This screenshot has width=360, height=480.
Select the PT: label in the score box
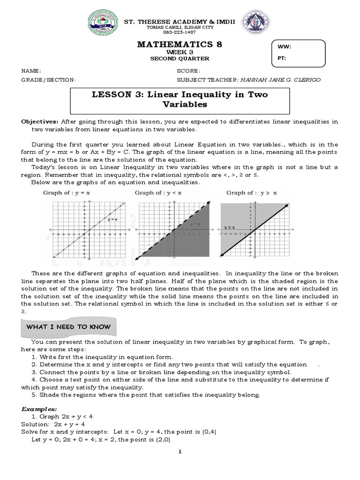coord(281,59)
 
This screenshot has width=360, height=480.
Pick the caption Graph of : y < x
coord(158,193)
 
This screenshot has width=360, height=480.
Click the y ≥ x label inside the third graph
coord(229,227)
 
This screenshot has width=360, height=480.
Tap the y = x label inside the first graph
coord(112,219)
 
